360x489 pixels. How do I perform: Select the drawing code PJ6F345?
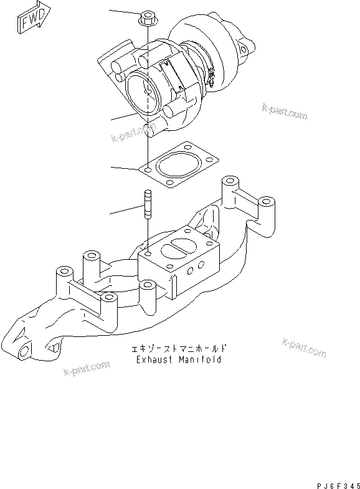click(333, 482)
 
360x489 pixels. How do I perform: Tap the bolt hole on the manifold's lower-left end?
click(25, 352)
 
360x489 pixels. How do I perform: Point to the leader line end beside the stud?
click(111, 214)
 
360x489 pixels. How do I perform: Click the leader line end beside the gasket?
click(111, 168)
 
